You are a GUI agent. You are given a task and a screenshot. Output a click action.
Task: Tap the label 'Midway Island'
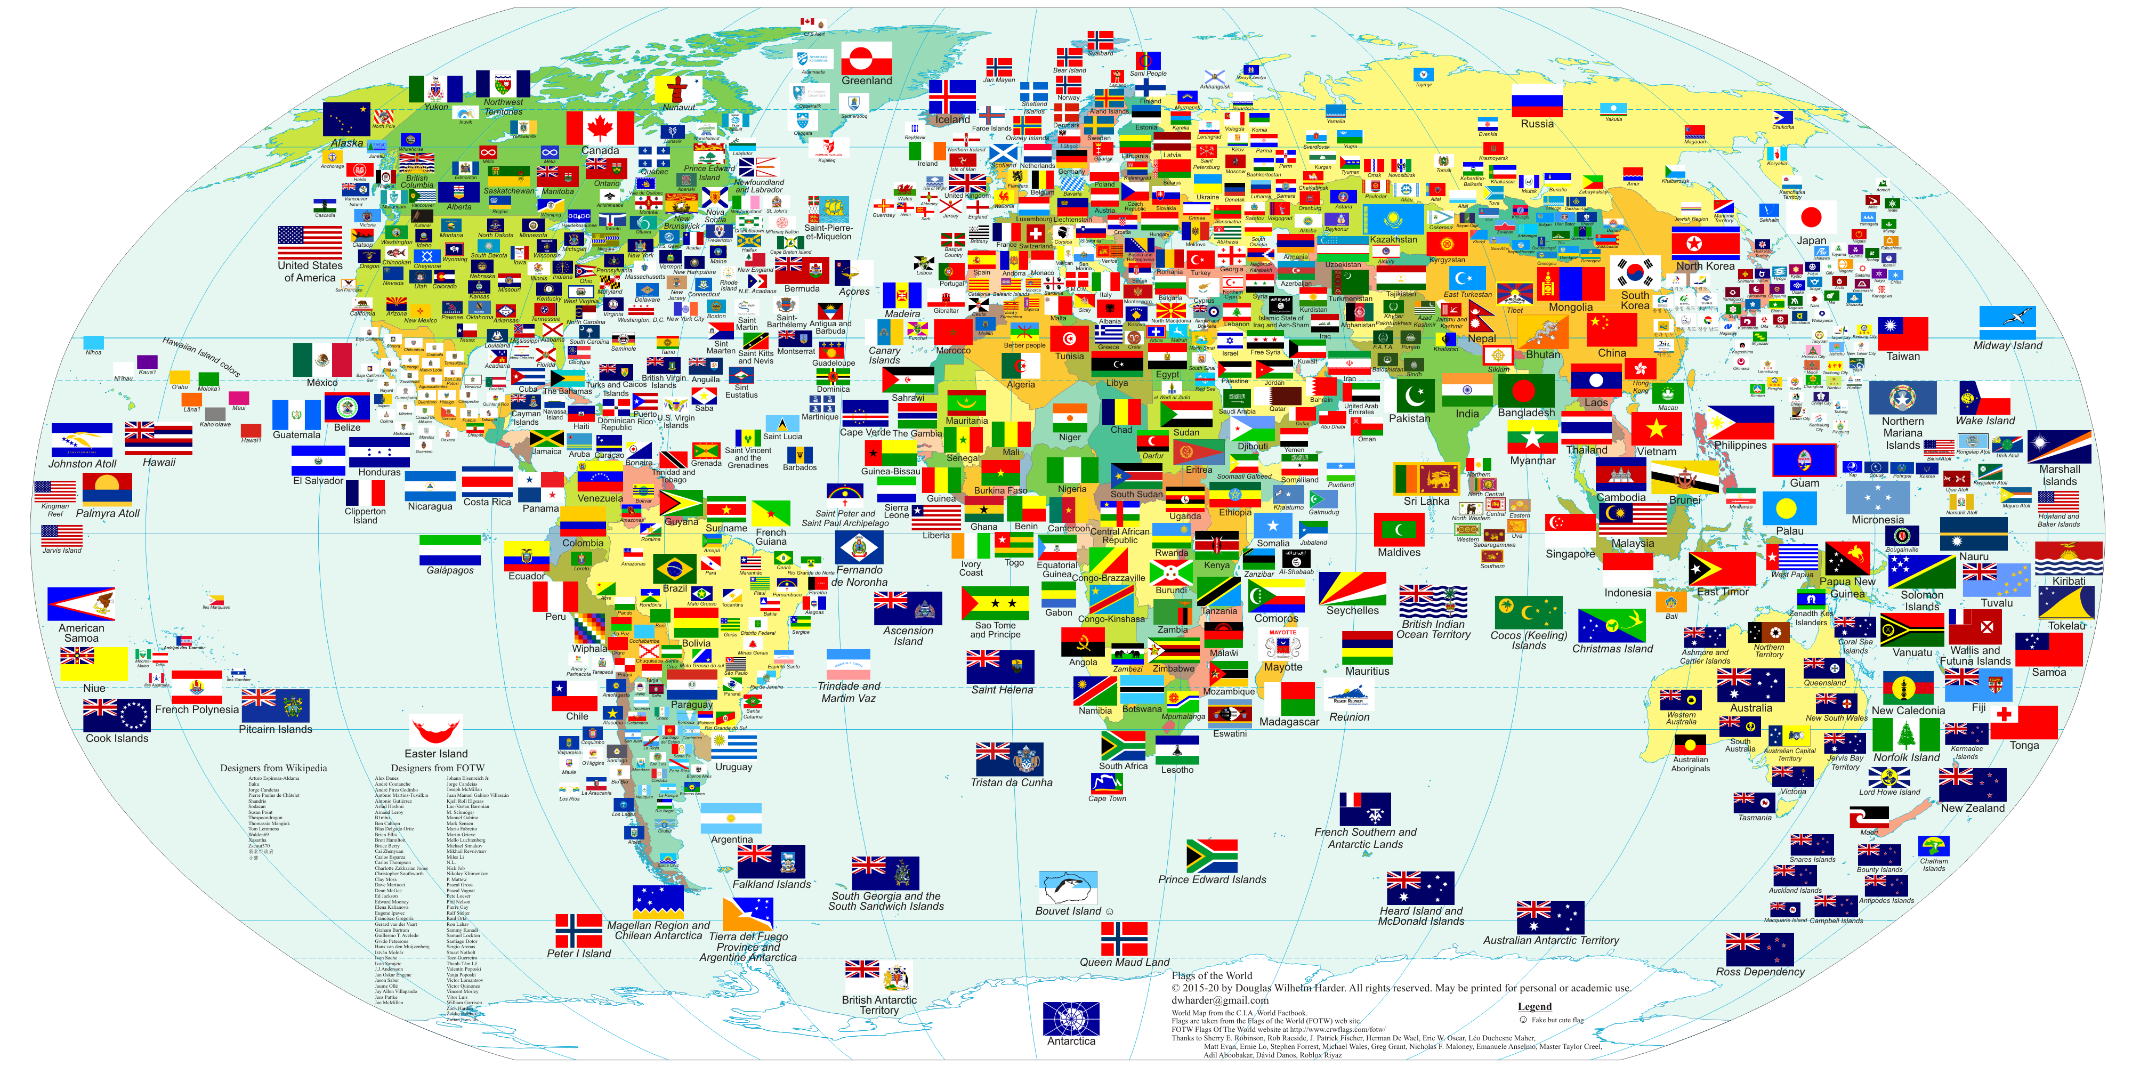click(x=2007, y=346)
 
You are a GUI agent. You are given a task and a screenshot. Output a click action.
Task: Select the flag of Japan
click(x=1811, y=217)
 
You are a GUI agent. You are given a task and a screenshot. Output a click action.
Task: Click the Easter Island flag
click(x=436, y=730)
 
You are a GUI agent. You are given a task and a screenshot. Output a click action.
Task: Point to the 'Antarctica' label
click(x=1071, y=1041)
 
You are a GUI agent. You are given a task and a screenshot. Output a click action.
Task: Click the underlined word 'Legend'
click(x=1535, y=1006)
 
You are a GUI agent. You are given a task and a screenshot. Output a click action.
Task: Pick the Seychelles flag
click(x=1352, y=588)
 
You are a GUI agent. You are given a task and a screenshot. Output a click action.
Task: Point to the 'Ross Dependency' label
click(x=1759, y=972)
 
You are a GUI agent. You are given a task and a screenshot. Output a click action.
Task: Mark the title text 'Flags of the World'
click(x=1212, y=976)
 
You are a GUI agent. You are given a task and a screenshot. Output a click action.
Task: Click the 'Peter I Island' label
click(x=578, y=954)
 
